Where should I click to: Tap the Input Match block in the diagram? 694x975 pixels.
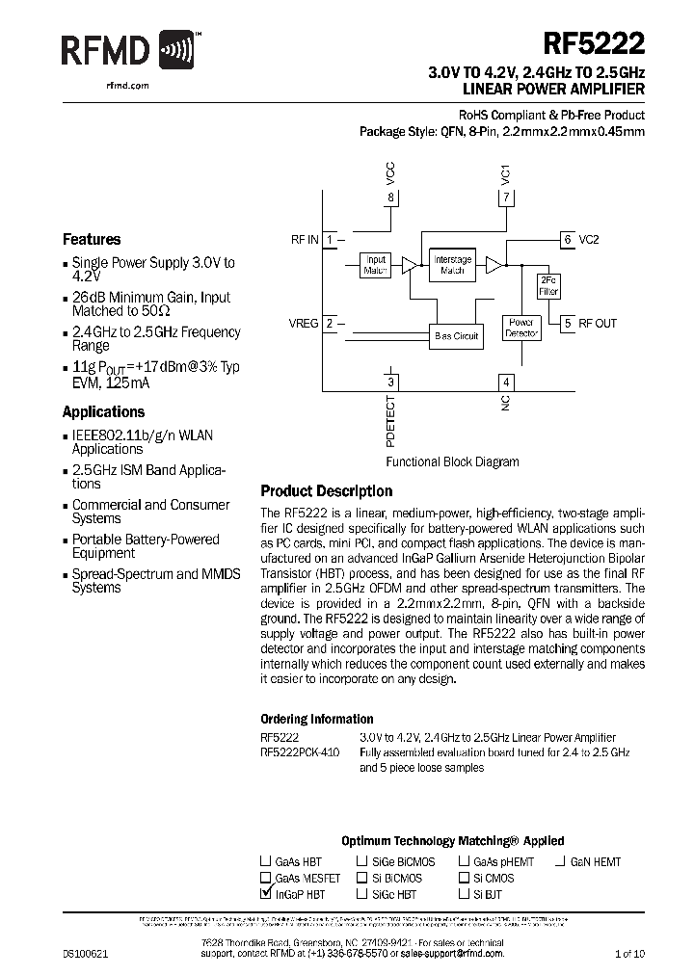pos(375,265)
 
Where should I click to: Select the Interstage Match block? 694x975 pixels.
pos(452,265)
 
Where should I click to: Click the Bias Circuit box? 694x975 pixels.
pos(455,335)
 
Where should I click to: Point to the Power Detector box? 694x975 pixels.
pos(521,329)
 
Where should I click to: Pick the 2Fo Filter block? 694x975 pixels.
pos(548,285)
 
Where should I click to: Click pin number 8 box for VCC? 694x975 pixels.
pos(390,198)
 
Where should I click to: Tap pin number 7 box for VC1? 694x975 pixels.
pos(506,198)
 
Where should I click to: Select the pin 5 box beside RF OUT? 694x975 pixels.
pos(569,324)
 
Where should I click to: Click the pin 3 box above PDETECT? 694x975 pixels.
pos(390,382)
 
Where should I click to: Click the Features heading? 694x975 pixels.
pos(92,239)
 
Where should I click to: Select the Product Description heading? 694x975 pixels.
pos(327,491)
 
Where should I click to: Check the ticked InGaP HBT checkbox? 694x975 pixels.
pos(266,894)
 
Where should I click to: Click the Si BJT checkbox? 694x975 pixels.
pos(464,894)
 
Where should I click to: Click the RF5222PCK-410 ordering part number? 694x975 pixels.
pos(300,751)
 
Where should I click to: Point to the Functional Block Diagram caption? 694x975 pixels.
pos(452,461)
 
